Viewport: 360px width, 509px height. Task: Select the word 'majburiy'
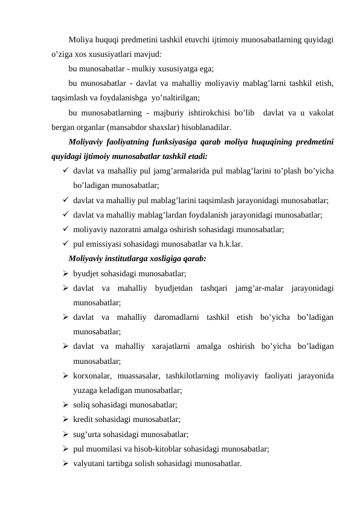(x=188, y=113)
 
